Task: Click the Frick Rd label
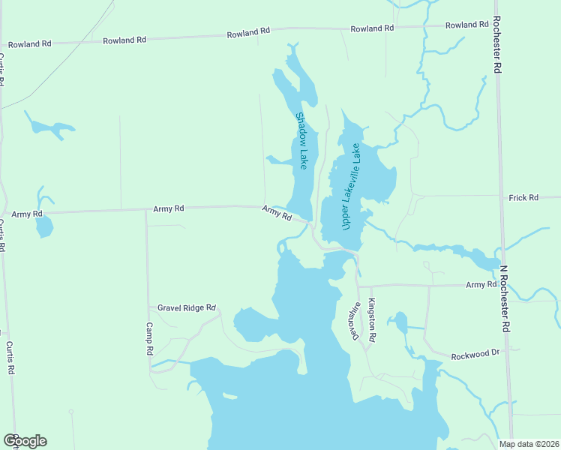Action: (x=523, y=198)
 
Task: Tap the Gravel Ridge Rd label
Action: (x=187, y=307)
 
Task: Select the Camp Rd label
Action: (x=150, y=339)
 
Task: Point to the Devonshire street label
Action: (x=355, y=321)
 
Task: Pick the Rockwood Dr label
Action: (x=475, y=353)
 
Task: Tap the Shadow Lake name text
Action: (x=301, y=140)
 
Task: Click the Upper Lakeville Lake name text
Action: (x=351, y=186)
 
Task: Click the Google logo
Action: (x=25, y=441)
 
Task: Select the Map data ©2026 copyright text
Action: (x=529, y=444)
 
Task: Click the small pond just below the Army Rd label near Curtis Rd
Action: (x=44, y=226)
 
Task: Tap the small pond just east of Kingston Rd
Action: (x=400, y=322)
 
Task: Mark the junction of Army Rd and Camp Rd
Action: (x=146, y=210)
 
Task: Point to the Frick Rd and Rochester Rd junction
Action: (x=501, y=196)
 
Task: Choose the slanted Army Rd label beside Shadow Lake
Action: (x=277, y=213)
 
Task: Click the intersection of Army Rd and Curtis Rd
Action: (x=5, y=215)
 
